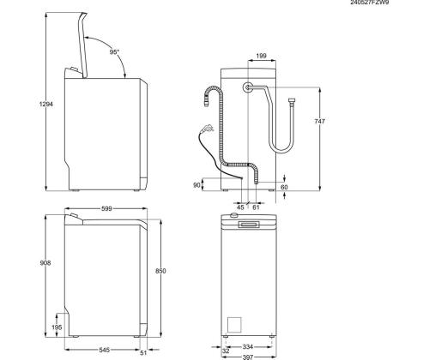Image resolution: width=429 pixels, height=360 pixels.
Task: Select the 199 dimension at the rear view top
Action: click(261, 57)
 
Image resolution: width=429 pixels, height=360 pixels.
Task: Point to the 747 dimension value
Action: click(321, 123)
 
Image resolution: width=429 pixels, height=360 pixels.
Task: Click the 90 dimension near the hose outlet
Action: click(198, 184)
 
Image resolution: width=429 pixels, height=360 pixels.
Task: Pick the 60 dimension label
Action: click(283, 186)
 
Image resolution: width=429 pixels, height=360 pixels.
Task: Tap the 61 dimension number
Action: click(257, 207)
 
